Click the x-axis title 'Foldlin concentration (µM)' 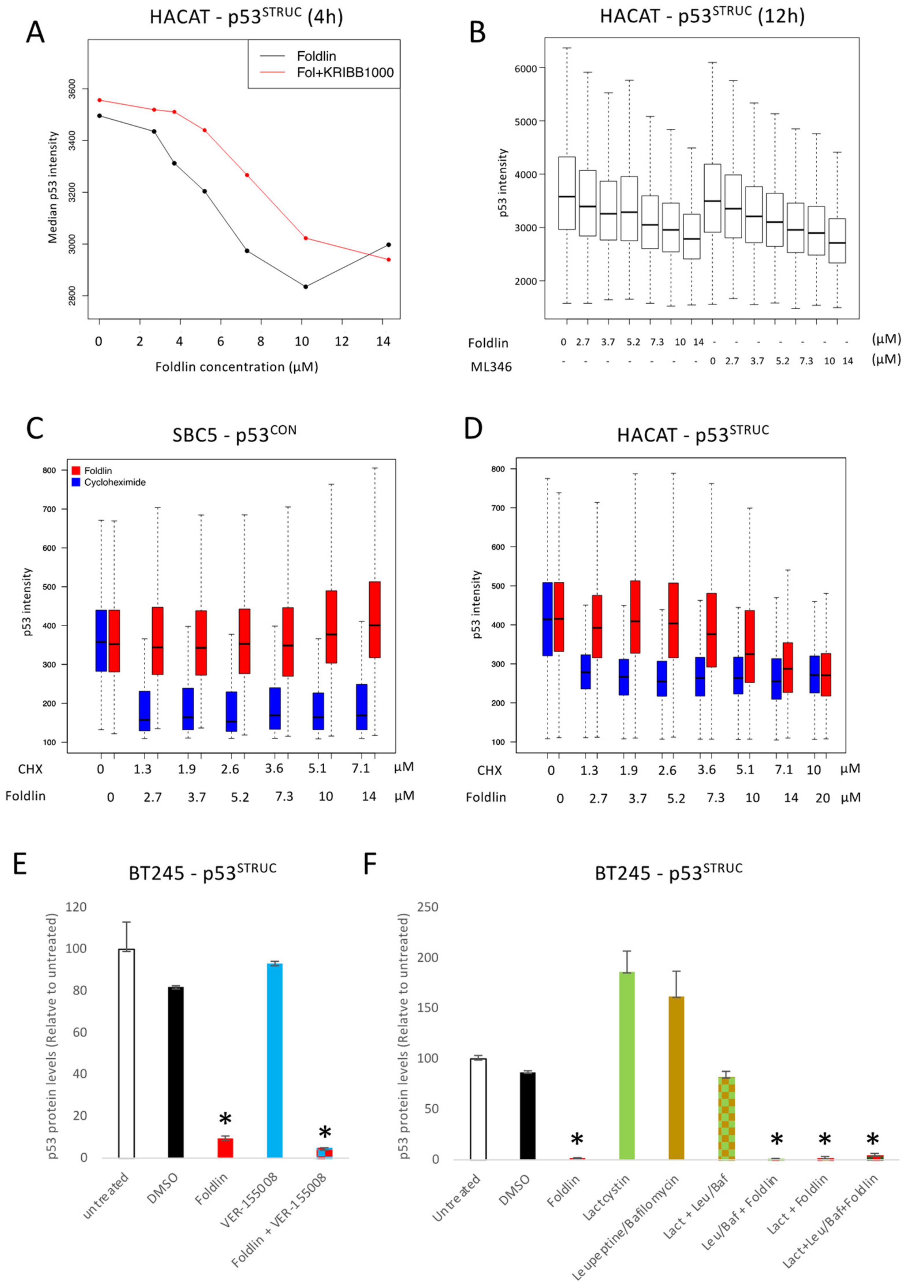(x=237, y=367)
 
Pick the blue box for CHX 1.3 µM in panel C (x=144, y=711)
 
